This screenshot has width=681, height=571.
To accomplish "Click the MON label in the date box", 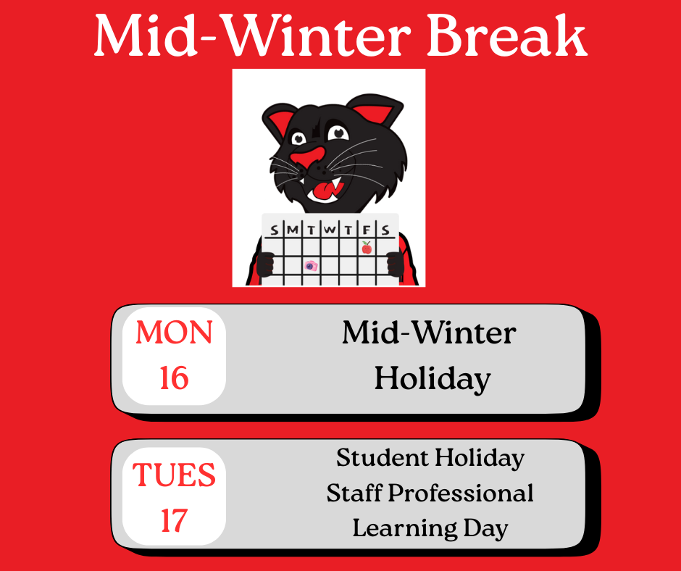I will pos(174,333).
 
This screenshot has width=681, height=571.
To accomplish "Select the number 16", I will pos(174,378).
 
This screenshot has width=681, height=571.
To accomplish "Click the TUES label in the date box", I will pos(174,475).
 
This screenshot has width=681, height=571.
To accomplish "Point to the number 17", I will pos(174,521).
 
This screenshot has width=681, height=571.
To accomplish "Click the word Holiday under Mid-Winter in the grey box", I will pos(433,378).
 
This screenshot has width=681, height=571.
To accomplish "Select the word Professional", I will pos(461,493).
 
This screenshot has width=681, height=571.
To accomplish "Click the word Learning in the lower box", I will pos(398,528).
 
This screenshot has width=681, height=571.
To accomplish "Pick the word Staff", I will pos(354,493).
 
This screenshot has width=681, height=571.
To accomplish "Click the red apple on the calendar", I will pos(367,248).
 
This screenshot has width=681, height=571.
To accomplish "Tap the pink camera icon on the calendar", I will pos(311,266).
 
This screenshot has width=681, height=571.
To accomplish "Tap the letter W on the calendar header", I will pos(330,230).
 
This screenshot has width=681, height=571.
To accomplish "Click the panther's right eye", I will pos(336,133).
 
